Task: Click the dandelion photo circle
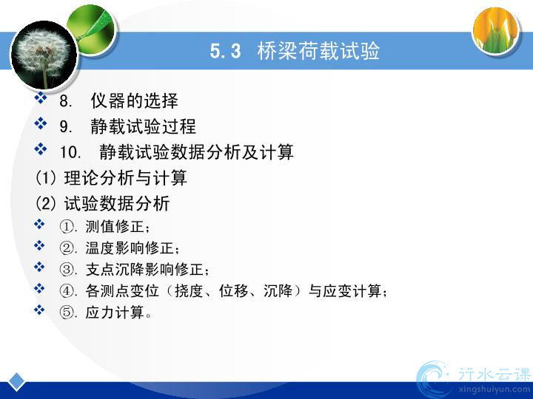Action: (x=44, y=55)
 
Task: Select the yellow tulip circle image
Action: (x=496, y=30)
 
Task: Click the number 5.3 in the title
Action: (x=225, y=51)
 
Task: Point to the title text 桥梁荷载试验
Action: (x=318, y=51)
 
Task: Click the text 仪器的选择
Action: (x=134, y=100)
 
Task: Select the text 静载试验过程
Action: (x=143, y=126)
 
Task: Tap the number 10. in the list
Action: (x=70, y=152)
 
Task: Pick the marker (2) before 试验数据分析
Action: (x=46, y=203)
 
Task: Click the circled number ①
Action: (x=67, y=227)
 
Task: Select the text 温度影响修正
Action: (x=130, y=248)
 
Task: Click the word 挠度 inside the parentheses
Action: (x=189, y=291)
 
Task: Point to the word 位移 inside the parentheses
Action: (x=233, y=291)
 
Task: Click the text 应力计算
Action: (x=115, y=312)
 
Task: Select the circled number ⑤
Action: (x=67, y=312)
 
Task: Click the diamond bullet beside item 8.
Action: (x=41, y=98)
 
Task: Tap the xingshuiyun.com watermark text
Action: (x=494, y=389)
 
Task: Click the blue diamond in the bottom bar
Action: (x=16, y=381)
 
